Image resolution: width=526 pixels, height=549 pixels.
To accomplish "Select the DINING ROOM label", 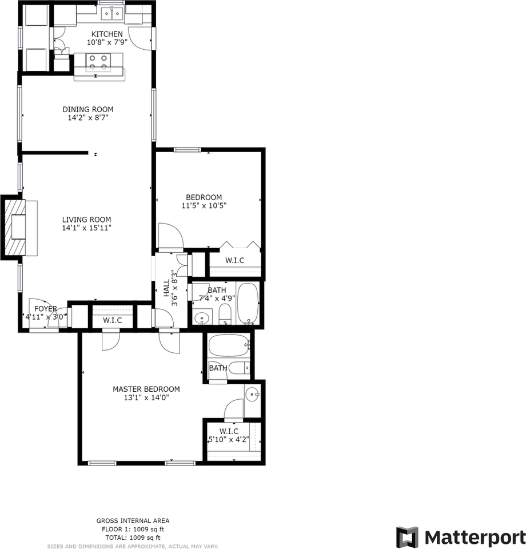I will click(88, 109).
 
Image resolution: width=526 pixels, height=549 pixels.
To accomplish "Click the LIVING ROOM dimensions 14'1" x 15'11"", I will click(87, 228).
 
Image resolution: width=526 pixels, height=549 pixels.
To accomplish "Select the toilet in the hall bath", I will click(225, 313).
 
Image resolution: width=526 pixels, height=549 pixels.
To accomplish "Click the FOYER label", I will click(46, 309).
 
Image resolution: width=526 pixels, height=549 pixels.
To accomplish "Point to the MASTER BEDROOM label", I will click(146, 389).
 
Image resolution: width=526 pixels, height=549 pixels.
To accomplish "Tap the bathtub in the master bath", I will click(229, 345).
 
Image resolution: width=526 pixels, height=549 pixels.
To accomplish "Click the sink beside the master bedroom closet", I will click(252, 394).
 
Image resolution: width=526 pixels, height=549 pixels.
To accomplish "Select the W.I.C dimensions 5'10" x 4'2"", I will click(228, 440).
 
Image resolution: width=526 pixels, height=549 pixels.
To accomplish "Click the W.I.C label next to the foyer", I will click(113, 320).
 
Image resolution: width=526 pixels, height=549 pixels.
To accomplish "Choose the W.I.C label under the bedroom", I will click(234, 260).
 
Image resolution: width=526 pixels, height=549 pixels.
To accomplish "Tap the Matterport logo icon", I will click(408, 538).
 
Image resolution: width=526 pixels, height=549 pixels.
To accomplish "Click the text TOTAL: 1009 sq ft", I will click(132, 538).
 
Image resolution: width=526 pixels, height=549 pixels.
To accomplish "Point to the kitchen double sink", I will click(111, 13).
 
